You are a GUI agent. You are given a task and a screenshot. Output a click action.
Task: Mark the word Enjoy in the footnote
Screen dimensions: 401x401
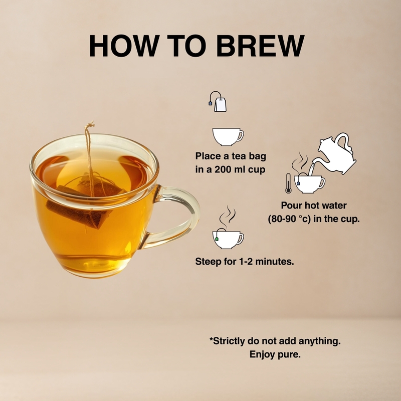click(x=262, y=354)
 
